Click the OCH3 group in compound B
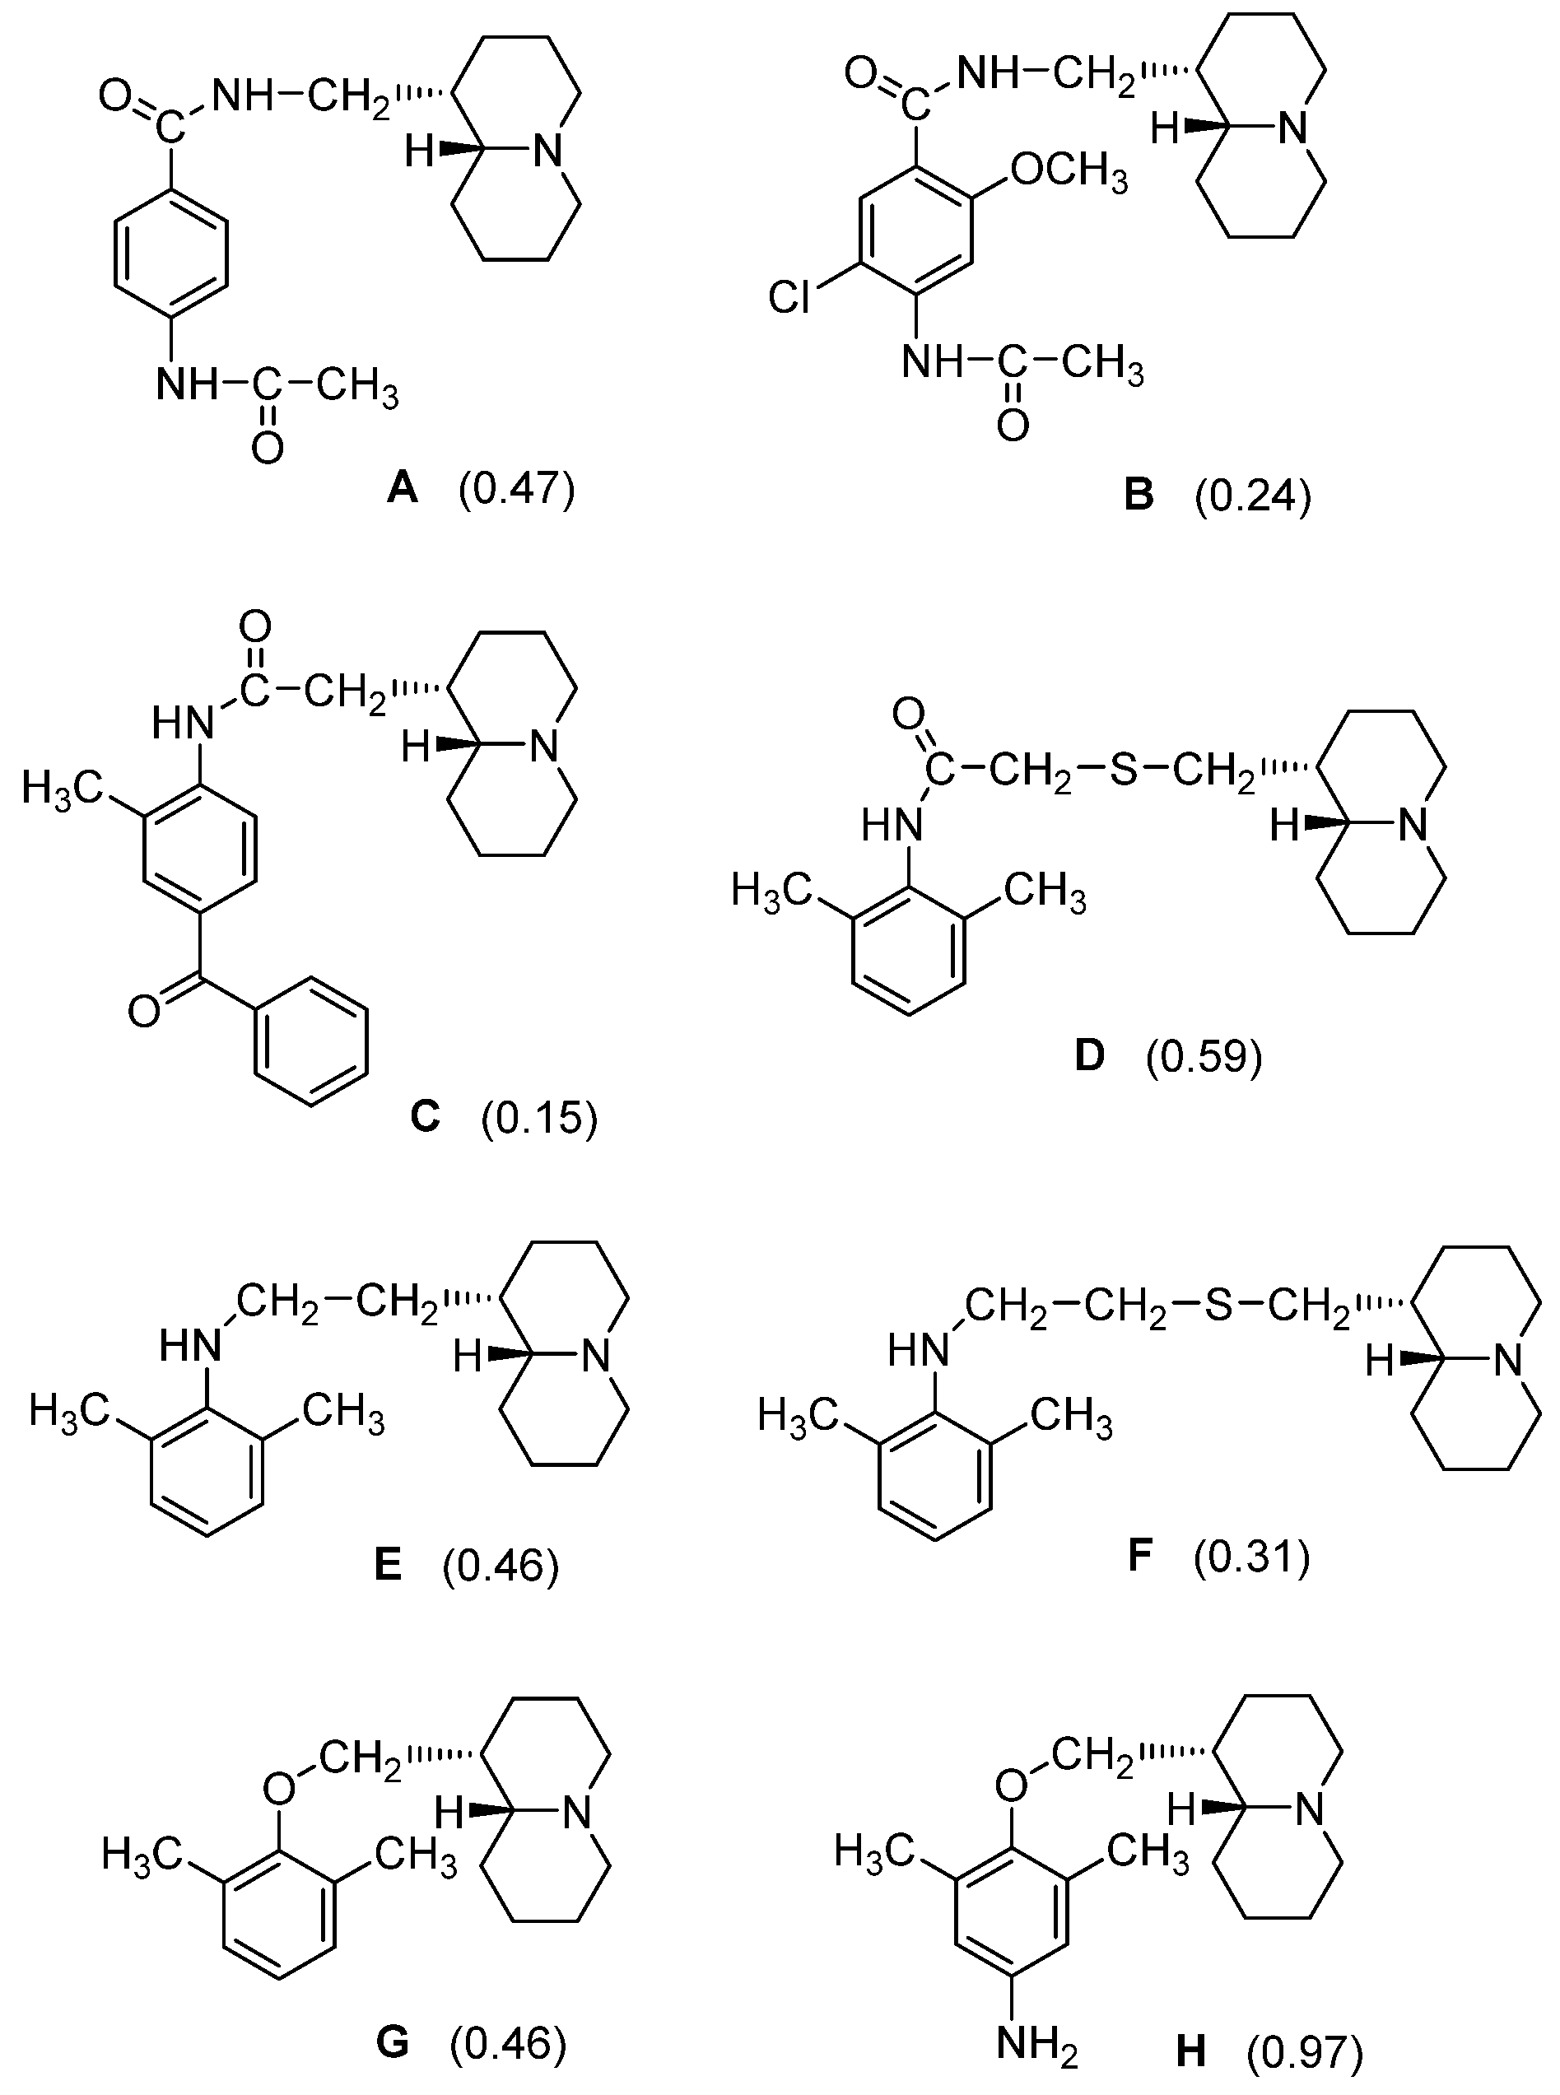(x=1069, y=173)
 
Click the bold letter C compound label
(x=426, y=1117)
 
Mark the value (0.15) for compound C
(x=539, y=1119)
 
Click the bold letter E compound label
(x=388, y=1567)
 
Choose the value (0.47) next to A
(x=516, y=489)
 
